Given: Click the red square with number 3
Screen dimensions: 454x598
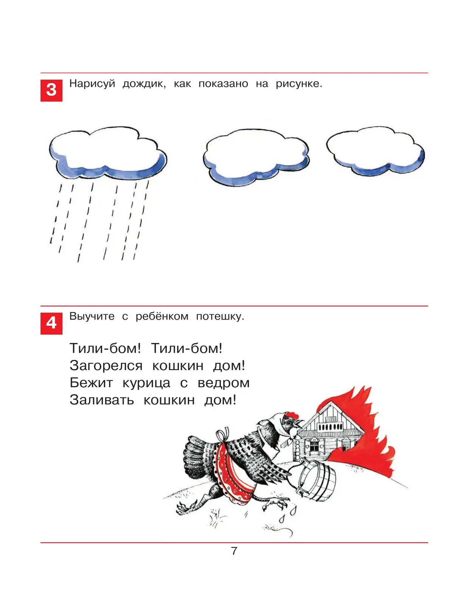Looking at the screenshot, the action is (x=51, y=90).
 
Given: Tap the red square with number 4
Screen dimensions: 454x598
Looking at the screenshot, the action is (x=51, y=323).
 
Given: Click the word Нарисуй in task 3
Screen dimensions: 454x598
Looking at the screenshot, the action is (x=92, y=84).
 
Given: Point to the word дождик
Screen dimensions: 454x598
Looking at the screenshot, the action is (x=144, y=84).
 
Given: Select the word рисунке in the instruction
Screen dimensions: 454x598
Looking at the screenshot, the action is (x=299, y=84).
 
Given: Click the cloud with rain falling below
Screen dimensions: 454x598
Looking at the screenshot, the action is (x=108, y=153).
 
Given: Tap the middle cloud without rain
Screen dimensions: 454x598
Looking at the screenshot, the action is (x=256, y=157).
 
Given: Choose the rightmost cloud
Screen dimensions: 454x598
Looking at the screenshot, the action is (x=375, y=151).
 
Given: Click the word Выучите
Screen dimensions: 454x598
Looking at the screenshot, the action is (x=92, y=316).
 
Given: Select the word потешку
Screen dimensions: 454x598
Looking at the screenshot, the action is (x=220, y=316).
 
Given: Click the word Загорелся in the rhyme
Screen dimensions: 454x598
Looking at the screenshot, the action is (x=106, y=366).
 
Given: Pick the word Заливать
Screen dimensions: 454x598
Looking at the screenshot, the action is (x=102, y=400).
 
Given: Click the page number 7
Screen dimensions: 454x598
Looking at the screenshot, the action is (x=234, y=551).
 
